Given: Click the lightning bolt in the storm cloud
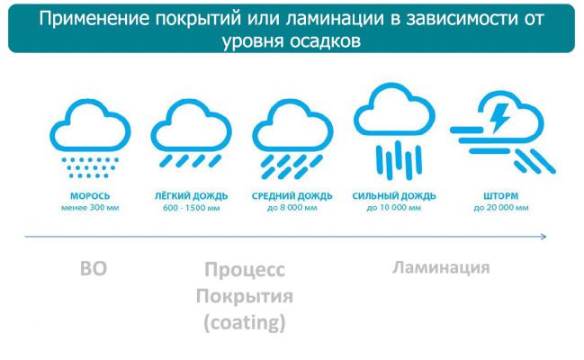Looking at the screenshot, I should [500, 115].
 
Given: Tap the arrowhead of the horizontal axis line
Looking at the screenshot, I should [542, 237].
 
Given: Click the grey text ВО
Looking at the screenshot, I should [93, 268].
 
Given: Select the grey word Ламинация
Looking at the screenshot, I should [441, 267].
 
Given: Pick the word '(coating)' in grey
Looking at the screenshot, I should [244, 321].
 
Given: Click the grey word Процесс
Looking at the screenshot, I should [244, 270].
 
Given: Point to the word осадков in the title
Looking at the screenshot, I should [326, 40].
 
